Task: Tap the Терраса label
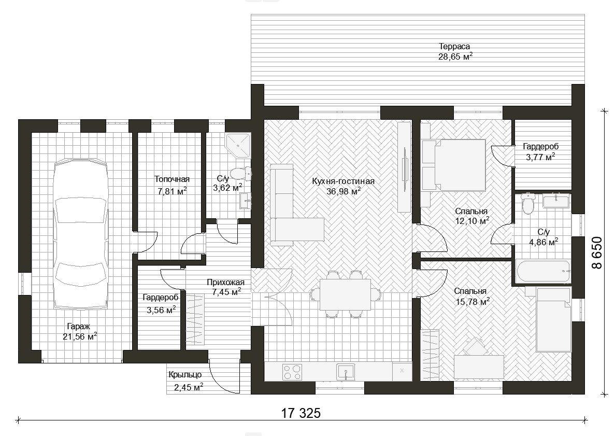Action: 454,46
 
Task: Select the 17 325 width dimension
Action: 301,413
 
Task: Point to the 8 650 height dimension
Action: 596,252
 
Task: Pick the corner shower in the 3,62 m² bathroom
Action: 238,146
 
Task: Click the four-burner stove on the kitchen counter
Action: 292,372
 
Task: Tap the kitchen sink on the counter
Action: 346,372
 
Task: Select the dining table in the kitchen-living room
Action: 345,294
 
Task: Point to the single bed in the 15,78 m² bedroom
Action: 553,320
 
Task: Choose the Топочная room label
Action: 172,179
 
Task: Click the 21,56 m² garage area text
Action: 80,336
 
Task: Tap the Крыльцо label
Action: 185,375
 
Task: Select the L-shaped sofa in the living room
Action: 292,204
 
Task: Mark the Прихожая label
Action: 225,283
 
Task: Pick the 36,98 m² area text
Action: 344,191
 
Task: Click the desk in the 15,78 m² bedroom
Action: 479,367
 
